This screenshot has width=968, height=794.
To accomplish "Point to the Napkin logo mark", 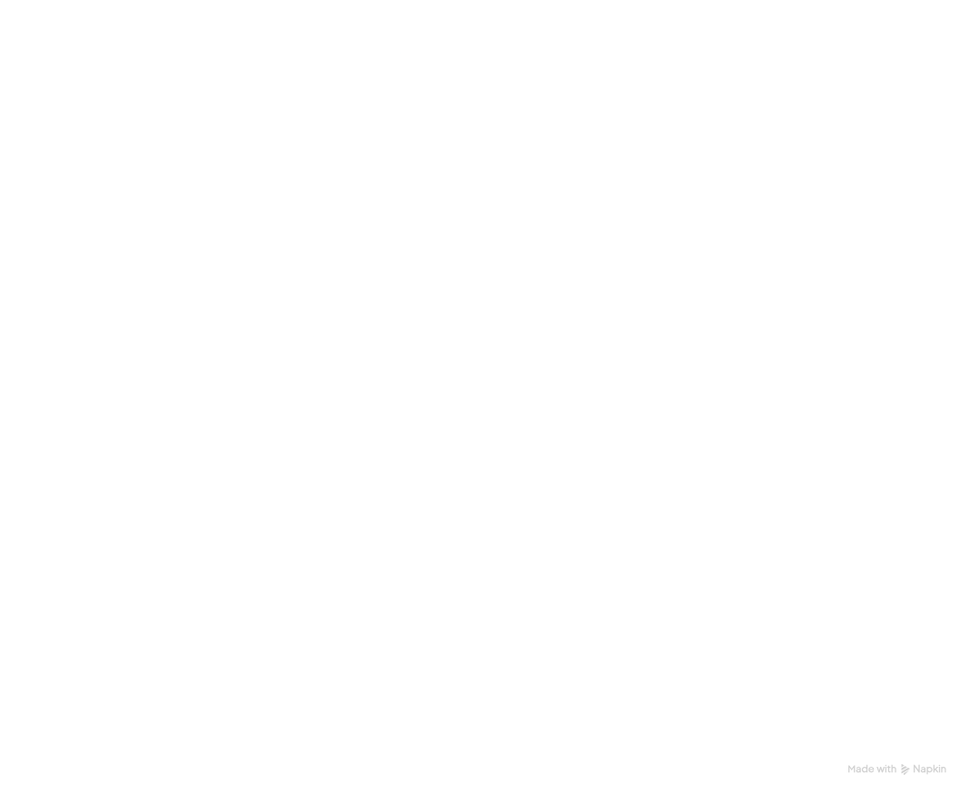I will click(905, 770).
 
